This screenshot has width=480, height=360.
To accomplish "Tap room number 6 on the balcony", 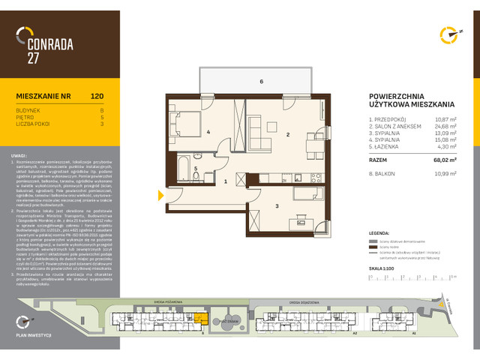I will point(261,81).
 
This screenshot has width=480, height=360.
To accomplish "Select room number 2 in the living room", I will point(287,135).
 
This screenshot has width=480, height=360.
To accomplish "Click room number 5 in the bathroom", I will point(195,169).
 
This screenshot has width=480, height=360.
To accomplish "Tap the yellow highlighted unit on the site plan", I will point(199,319).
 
